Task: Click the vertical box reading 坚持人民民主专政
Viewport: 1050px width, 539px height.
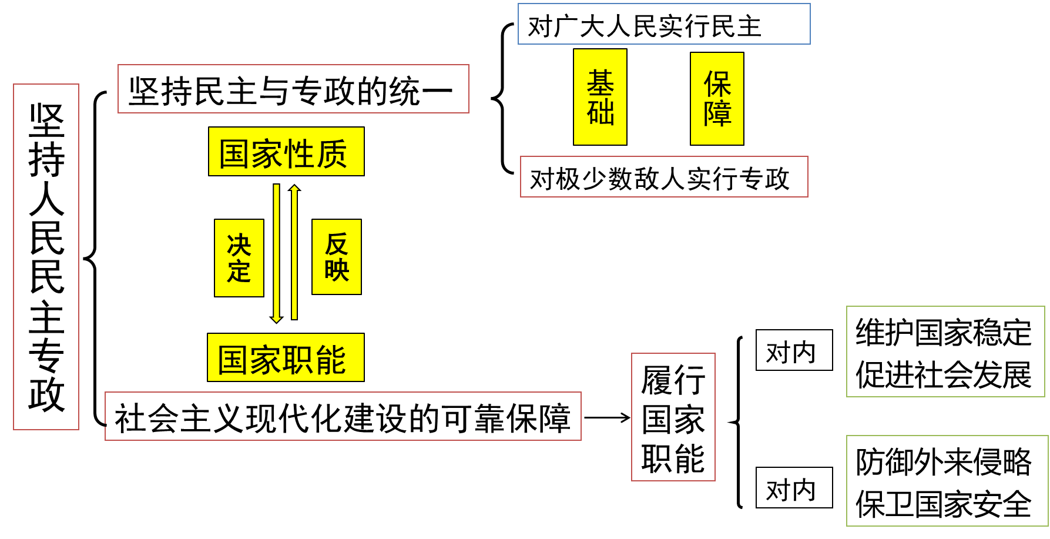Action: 46,257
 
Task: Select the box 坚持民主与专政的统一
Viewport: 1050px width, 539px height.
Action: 293,89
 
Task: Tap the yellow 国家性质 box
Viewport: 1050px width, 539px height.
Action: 286,152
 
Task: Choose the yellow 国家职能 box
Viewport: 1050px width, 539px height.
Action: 286,358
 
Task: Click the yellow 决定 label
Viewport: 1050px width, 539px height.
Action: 239,258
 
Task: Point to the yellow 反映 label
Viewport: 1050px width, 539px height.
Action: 337,257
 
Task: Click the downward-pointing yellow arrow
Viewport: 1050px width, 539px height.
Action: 276,253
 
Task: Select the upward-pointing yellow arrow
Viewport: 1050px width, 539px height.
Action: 294,253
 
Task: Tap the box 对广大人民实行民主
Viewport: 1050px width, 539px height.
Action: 664,25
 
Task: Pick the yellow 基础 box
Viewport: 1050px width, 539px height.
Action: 600,98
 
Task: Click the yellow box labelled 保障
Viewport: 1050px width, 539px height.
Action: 717,99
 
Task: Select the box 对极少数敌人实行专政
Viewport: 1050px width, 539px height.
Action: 664,177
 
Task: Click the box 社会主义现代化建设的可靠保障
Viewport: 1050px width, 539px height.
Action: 343,417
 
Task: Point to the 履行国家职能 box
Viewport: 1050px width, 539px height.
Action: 673,417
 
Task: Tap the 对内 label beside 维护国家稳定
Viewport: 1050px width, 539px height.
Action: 794,351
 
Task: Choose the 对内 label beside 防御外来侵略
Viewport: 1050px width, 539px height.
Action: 794,488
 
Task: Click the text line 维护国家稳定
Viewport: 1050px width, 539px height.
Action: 944,332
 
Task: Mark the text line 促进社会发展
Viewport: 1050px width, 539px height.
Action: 944,374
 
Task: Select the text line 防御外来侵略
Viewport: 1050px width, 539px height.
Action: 944,461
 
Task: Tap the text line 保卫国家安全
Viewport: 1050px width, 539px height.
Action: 944,504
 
